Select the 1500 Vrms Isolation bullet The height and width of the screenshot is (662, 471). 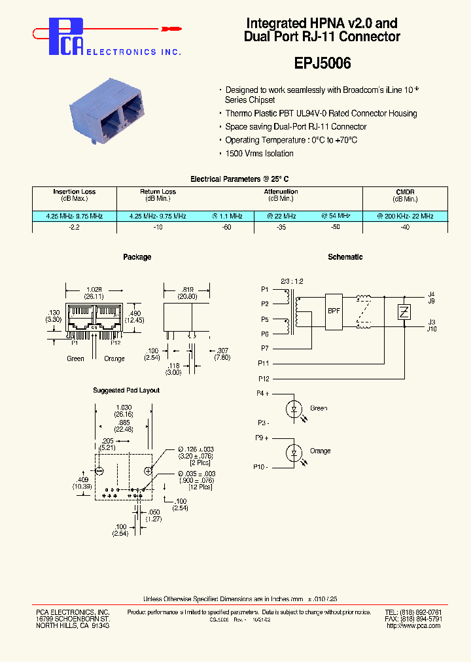coord(259,154)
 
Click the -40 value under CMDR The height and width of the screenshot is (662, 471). coord(405,226)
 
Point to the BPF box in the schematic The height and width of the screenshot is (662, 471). coord(334,311)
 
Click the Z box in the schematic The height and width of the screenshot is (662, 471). coord(404,312)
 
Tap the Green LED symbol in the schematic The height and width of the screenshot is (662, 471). coord(294,409)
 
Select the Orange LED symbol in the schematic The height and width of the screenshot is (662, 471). coord(294,452)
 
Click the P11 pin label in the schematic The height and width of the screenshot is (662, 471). coord(264,363)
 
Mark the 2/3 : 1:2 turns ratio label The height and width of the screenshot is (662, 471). coord(291,281)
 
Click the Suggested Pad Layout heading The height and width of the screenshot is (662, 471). coord(126,391)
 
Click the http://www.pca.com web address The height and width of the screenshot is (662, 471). coord(413,626)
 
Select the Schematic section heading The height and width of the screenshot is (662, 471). coord(345,257)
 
